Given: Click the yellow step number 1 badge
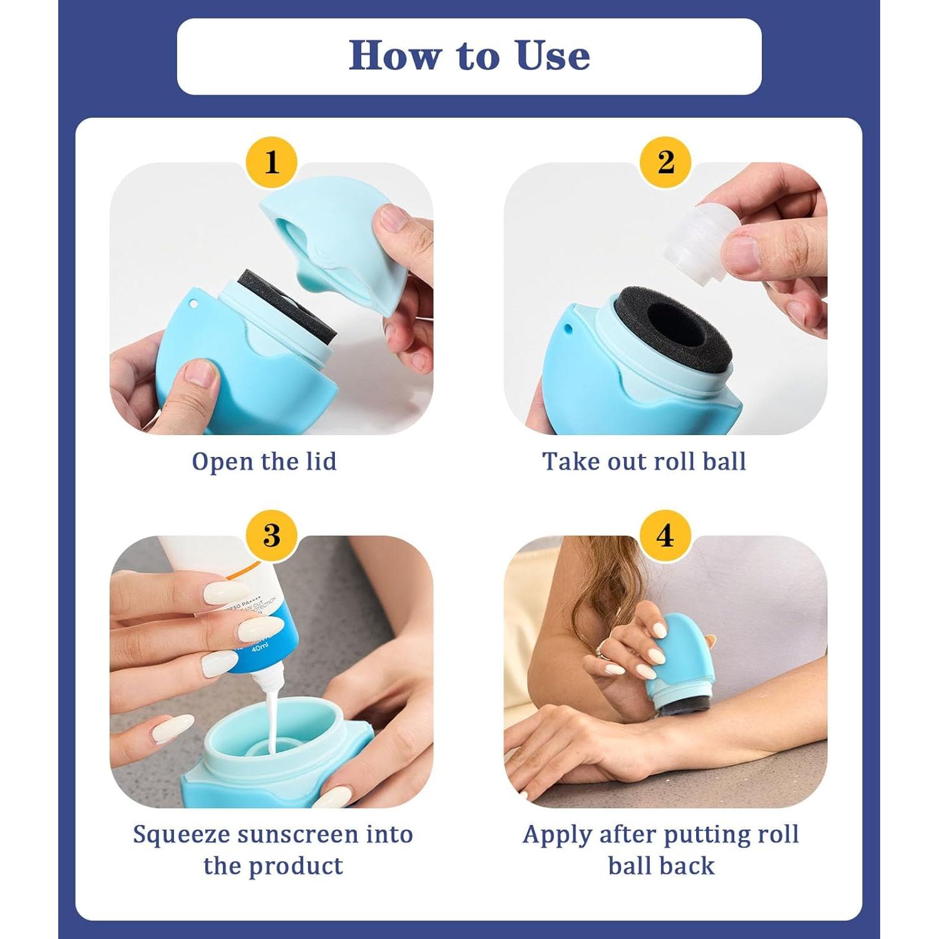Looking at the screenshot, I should tap(271, 162).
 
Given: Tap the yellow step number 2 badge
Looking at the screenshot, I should tap(665, 162).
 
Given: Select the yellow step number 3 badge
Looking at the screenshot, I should tap(271, 536).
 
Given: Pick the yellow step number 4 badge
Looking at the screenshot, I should tap(665, 536).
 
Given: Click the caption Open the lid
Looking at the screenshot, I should tap(264, 461).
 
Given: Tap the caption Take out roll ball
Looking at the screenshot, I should tap(644, 461).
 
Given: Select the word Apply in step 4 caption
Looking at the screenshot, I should tap(557, 834).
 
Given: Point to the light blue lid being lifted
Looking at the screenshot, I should tap(332, 244).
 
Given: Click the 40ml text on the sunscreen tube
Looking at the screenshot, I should tap(259, 649).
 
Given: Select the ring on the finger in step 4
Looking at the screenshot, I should tap(599, 648).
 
